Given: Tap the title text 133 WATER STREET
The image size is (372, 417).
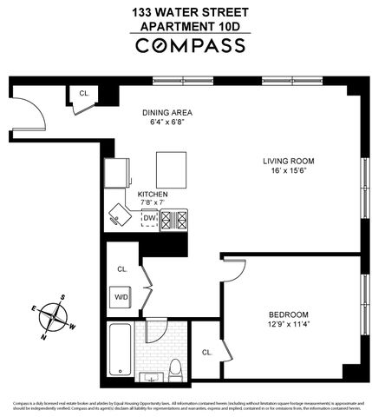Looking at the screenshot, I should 189,12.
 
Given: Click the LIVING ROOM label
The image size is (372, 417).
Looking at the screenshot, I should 289,161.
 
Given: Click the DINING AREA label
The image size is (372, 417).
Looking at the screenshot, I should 167,112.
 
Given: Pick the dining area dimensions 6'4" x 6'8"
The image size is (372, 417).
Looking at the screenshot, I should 167,123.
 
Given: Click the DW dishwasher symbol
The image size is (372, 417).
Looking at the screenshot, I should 149,219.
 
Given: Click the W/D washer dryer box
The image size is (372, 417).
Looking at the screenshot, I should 121,297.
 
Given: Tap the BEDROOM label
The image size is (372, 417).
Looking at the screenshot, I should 289,314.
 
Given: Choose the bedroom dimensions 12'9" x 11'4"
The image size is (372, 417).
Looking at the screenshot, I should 289,326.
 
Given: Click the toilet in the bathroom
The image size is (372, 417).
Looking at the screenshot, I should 173,367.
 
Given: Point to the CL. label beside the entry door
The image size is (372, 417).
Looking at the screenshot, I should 84,92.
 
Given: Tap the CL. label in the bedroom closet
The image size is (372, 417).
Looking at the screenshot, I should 206,352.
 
